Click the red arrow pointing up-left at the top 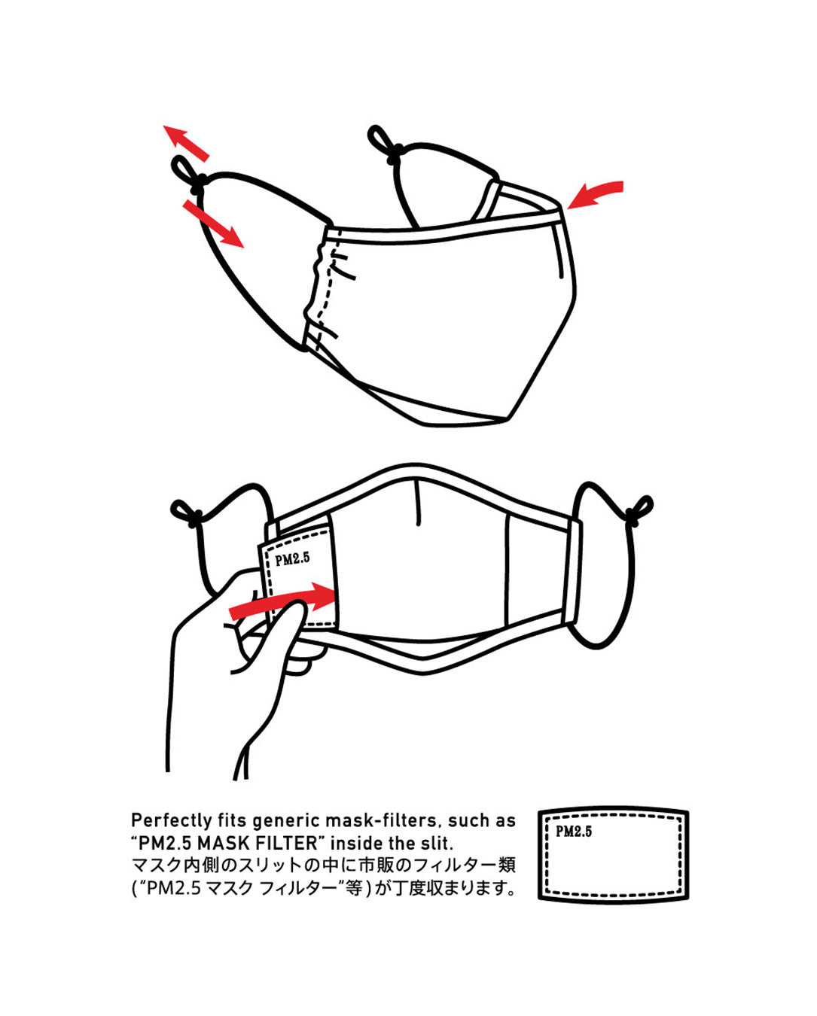[185, 143]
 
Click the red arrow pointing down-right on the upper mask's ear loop [213, 223]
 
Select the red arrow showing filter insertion [282, 601]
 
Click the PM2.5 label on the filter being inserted [292, 558]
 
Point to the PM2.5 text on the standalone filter [574, 831]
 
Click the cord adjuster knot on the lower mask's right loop [633, 516]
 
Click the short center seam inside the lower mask [418, 503]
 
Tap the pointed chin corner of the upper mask [509, 418]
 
